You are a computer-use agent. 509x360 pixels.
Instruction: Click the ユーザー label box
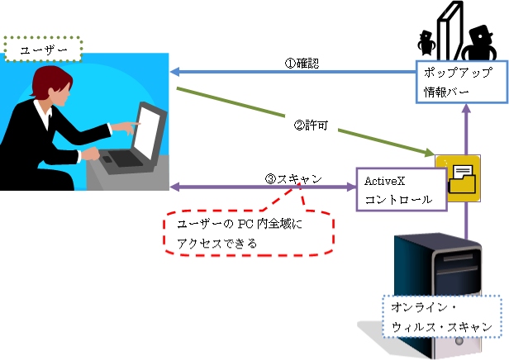pyautogui.click(x=43, y=50)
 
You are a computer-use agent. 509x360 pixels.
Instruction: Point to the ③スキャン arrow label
pyautogui.click(x=293, y=178)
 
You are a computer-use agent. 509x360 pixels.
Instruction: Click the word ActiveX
pyautogui.click(x=377, y=179)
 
